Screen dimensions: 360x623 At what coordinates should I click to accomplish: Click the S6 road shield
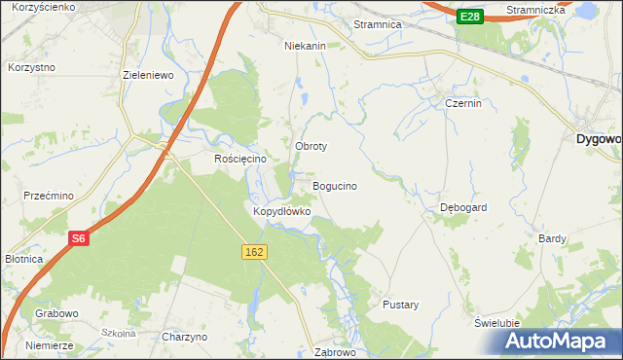[79, 238]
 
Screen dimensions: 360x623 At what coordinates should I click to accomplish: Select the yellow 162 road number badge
[254, 252]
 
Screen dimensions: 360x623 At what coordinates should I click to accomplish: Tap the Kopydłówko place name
[281, 210]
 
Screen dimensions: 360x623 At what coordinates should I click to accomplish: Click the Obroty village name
[311, 146]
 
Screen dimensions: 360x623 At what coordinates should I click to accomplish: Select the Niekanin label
[304, 45]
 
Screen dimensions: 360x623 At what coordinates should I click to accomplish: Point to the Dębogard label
[463, 207]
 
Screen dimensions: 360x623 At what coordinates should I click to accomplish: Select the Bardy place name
[553, 237]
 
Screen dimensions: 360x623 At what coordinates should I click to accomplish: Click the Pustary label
[401, 305]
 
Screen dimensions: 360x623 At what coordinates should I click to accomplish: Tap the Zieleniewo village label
[147, 74]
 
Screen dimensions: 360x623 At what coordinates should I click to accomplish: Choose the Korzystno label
[31, 67]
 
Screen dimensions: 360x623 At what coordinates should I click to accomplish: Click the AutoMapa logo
[561, 341]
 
